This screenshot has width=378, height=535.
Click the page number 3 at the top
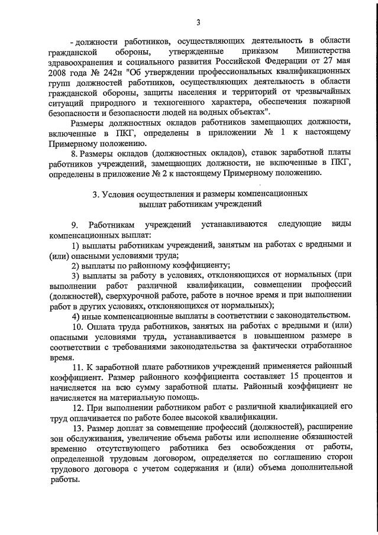pyautogui.click(x=199, y=23)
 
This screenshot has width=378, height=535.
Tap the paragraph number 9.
pyautogui.click(x=75, y=225)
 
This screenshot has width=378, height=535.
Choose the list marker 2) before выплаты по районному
pyautogui.click(x=75, y=265)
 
